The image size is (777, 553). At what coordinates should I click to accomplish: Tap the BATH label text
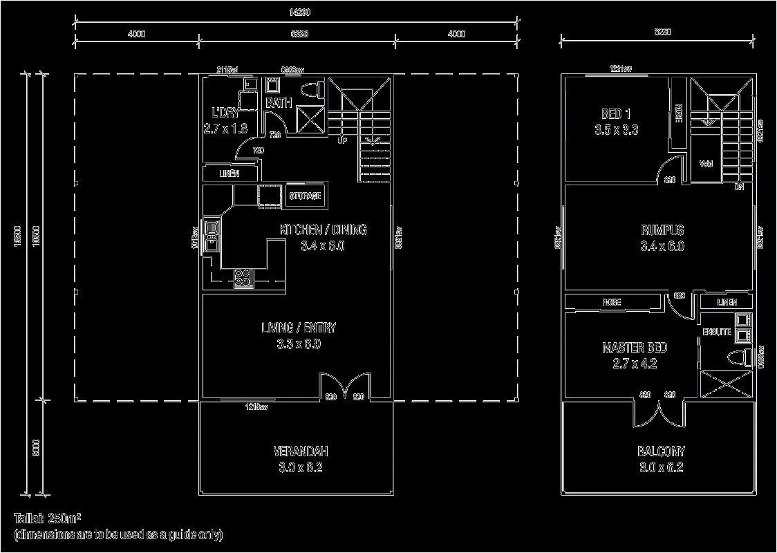pyautogui.click(x=279, y=103)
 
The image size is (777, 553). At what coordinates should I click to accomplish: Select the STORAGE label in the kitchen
pyautogui.click(x=305, y=196)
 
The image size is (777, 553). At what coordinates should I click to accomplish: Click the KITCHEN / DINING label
pyautogui.click(x=323, y=230)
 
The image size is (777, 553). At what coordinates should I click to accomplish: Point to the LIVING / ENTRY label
pyautogui.click(x=298, y=328)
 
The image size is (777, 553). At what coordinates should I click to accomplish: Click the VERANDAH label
pyautogui.click(x=300, y=451)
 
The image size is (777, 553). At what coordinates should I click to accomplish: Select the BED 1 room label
pyautogui.click(x=616, y=114)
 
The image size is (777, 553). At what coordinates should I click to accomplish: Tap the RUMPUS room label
pyautogui.click(x=662, y=230)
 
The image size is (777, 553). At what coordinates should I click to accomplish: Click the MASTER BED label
pyautogui.click(x=635, y=348)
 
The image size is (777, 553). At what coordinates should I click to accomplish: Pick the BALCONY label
pyautogui.click(x=661, y=451)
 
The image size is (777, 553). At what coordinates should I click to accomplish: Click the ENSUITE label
pyautogui.click(x=717, y=332)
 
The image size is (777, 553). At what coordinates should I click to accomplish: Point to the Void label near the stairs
pyautogui.click(x=706, y=165)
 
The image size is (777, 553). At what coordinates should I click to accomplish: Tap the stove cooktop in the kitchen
pyautogui.click(x=243, y=278)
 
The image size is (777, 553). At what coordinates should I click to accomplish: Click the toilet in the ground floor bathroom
pyautogui.click(x=315, y=90)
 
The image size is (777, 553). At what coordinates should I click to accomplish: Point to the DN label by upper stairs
pyautogui.click(x=739, y=187)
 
